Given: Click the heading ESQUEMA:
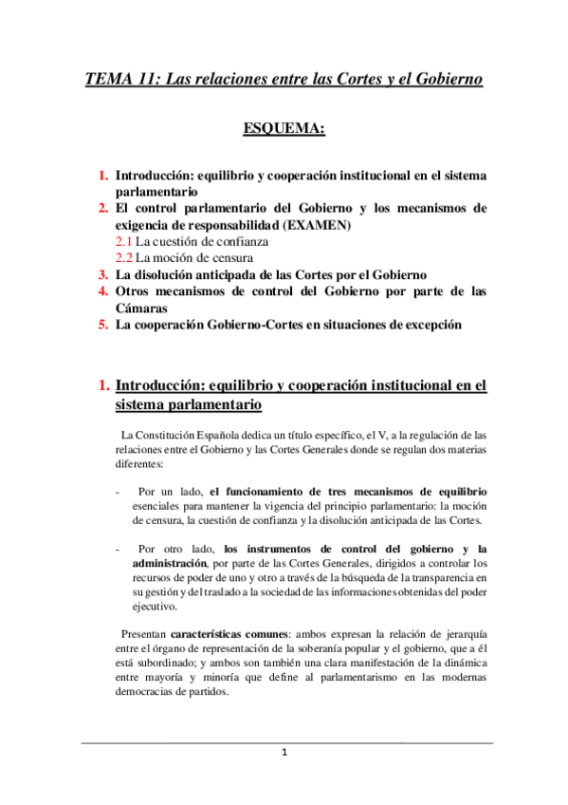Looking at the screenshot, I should (x=284, y=126).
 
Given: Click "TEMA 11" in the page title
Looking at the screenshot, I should (x=118, y=79).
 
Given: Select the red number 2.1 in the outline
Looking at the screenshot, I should (x=123, y=241).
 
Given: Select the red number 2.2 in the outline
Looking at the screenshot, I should (x=123, y=257).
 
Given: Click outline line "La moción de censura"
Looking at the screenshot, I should (x=194, y=257).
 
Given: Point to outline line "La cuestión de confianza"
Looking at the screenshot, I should (x=202, y=241).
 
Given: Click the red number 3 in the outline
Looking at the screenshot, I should (x=102, y=274).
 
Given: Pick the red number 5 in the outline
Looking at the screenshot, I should (x=102, y=325).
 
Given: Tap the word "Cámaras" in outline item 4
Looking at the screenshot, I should (x=142, y=308).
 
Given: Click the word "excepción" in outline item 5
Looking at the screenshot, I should (x=431, y=325).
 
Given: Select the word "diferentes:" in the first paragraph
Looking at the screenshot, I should (x=138, y=465).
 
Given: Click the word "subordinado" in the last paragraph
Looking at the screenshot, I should (x=180, y=660).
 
